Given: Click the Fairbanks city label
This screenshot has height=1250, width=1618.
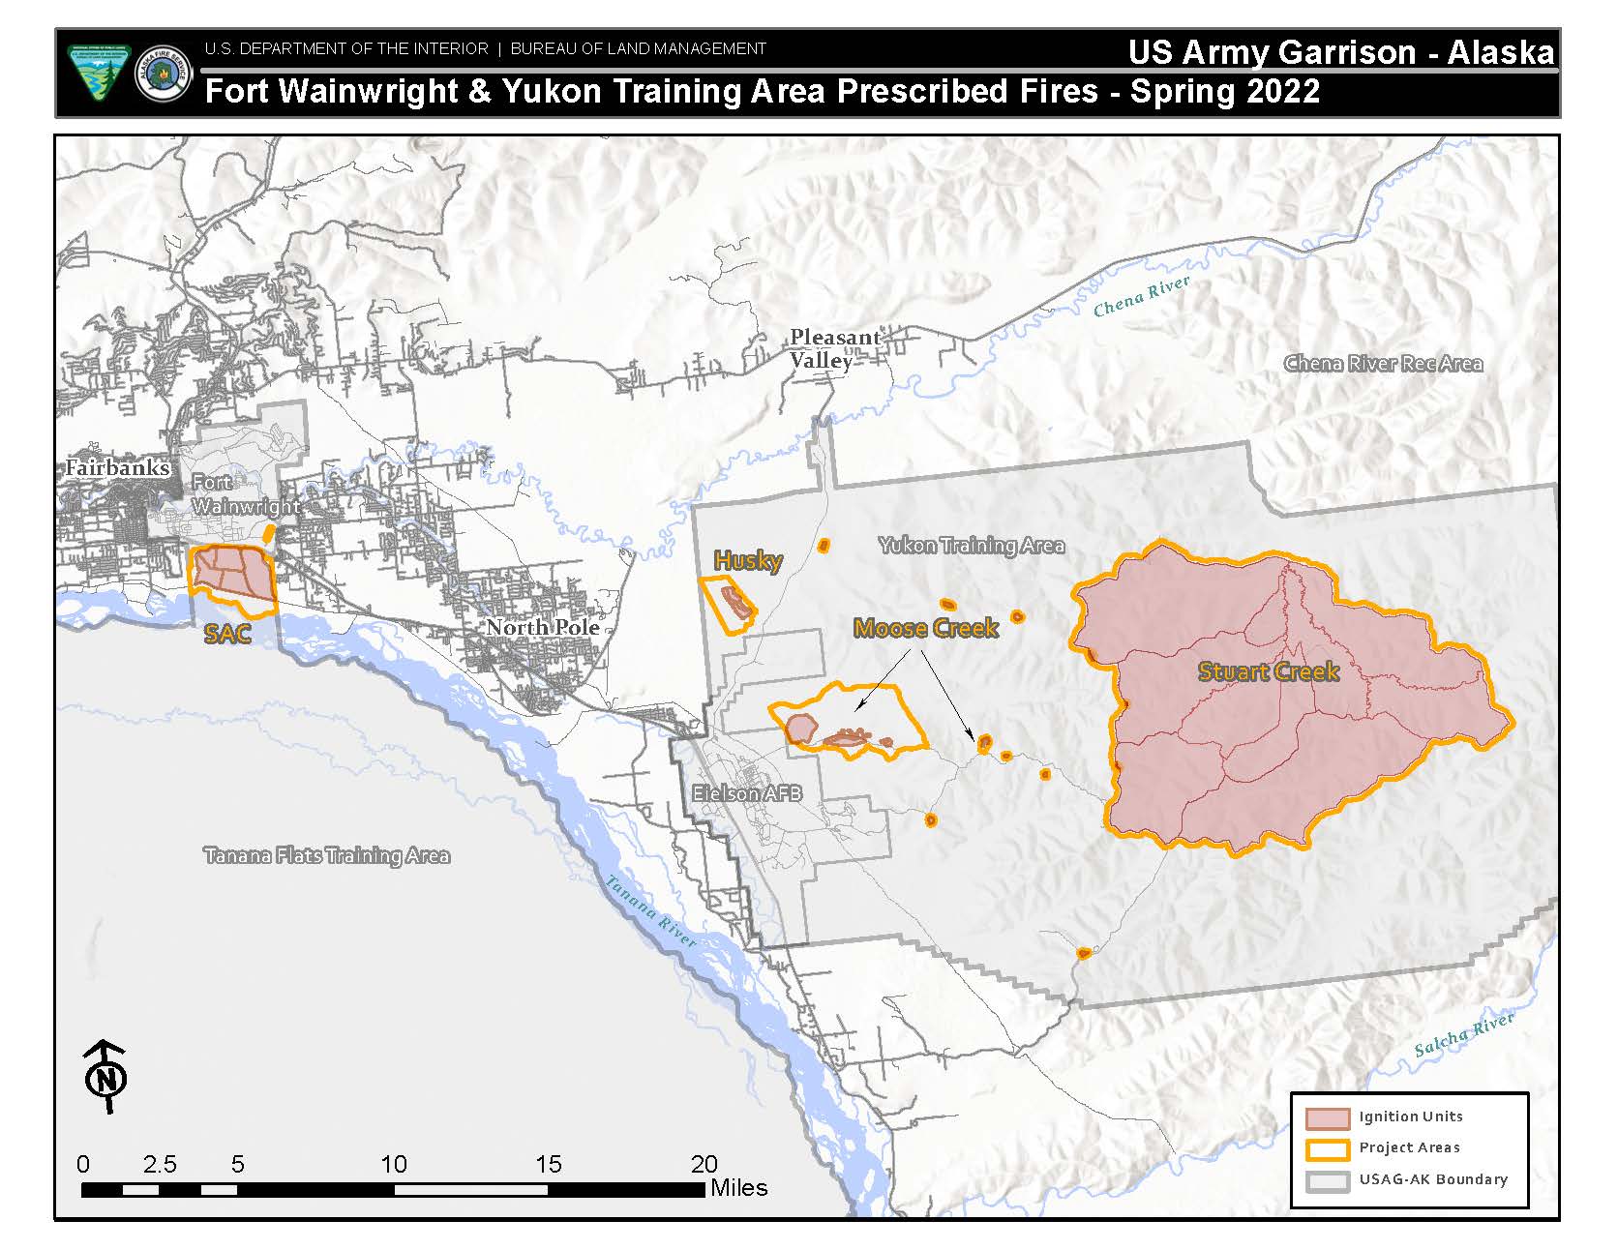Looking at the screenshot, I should (117, 468).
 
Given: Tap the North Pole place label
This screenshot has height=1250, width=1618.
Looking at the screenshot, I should (543, 627).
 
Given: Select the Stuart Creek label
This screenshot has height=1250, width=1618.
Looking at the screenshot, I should (1269, 671).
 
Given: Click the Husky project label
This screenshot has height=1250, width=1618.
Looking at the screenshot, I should (747, 560).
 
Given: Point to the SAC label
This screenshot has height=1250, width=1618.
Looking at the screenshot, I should (227, 635).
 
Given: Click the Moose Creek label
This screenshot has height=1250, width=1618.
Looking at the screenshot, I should (925, 629).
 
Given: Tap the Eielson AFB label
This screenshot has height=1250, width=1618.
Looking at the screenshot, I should (746, 793).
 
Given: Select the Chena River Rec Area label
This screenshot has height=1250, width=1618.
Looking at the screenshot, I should (1383, 364).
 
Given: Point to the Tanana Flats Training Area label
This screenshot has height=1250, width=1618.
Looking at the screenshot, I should (326, 855).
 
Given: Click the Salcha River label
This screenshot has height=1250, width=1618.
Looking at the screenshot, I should (1463, 1036).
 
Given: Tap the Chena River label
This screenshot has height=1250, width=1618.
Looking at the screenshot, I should (1141, 296).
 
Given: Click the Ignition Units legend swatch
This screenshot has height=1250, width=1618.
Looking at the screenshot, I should (1327, 1117).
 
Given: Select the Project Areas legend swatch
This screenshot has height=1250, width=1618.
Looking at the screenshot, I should (1327, 1148).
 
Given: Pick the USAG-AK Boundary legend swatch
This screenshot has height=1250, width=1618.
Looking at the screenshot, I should (1327, 1180).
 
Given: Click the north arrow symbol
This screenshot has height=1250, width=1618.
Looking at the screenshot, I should (105, 1076).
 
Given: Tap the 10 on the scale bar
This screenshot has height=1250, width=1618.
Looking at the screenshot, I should (394, 1164).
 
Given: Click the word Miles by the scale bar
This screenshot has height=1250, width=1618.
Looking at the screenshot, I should (738, 1187).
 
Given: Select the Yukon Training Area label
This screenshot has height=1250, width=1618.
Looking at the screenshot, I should (971, 546).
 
